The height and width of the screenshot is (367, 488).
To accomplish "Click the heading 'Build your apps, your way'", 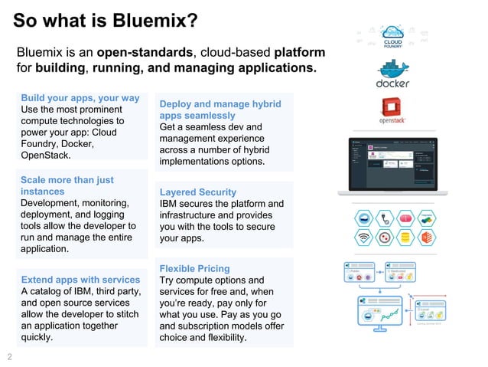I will (80, 98).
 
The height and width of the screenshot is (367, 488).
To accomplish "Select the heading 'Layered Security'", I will (197, 192).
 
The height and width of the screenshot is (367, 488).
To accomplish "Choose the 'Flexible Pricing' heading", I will (194, 268).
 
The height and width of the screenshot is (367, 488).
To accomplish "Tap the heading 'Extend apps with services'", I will (80, 280).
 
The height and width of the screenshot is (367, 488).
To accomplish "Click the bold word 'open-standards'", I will (146, 53).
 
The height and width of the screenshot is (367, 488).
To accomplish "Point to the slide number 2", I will (10, 356).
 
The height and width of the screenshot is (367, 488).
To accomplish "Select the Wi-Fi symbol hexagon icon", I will (365, 237).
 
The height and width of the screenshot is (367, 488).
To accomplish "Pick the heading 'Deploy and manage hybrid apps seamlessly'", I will (220, 110).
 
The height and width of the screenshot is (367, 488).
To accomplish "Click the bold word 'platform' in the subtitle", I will (299, 53).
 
